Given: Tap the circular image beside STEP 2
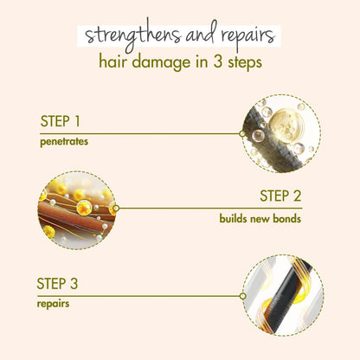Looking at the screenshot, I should pyautogui.click(x=77, y=209).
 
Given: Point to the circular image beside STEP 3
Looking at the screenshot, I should pyautogui.click(x=282, y=295).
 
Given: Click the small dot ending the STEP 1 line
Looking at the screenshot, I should pyautogui.click(x=242, y=133).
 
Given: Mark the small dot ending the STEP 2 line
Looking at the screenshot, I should pyautogui.click(x=116, y=208).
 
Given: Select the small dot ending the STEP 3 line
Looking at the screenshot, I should pyautogui.click(x=242, y=295).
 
